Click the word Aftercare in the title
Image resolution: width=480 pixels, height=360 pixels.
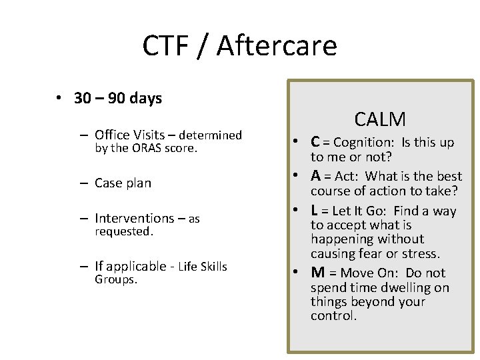point(277,46)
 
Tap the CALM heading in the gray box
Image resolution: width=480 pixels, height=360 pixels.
point(380,119)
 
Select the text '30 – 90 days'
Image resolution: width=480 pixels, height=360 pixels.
point(118,99)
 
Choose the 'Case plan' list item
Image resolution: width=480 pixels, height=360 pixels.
point(123,183)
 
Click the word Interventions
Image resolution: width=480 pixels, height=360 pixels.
point(135,218)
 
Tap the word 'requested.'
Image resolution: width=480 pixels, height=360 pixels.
point(124,231)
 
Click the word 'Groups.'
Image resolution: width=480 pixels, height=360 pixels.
point(116,279)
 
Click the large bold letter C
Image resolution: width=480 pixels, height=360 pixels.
point(316,142)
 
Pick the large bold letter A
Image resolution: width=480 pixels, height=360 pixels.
point(317,176)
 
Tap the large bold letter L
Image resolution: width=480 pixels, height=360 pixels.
point(315,211)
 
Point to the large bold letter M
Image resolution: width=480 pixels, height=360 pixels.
point(318,273)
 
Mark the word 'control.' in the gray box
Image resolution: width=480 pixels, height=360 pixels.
point(333,315)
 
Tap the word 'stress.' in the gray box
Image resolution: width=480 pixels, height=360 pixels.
point(421,253)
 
